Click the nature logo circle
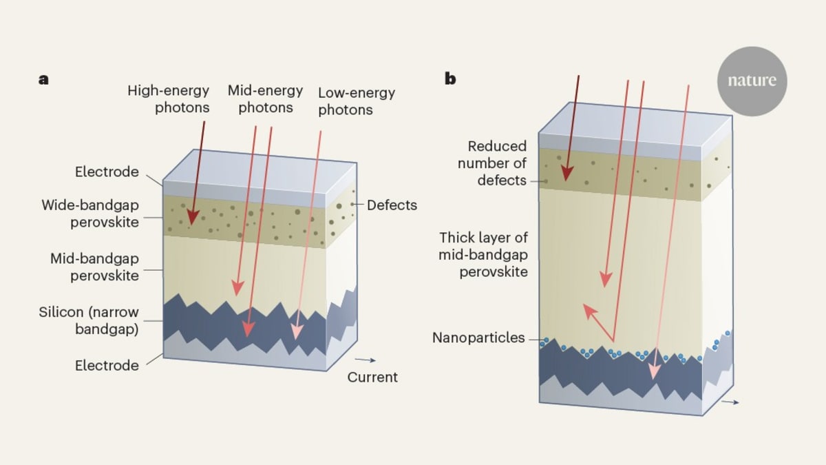click(752, 81)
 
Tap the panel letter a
click(44, 79)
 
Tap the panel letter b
click(450, 79)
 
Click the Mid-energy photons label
click(266, 99)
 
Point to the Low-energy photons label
click(357, 101)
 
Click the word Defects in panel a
click(392, 205)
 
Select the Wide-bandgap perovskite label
click(90, 213)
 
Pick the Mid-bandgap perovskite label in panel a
click(94, 267)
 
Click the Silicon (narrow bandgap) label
click(89, 320)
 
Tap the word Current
click(372, 377)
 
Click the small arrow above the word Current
click(366, 360)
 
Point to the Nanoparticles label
click(478, 338)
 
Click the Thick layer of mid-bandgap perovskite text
click(484, 254)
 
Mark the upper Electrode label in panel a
click(107, 172)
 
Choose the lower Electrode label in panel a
click(107, 365)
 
